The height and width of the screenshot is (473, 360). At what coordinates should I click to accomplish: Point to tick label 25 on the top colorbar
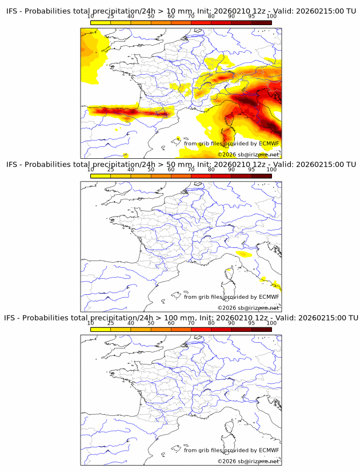pos(110,17)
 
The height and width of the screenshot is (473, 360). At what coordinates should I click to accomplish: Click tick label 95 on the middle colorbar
pos(251,170)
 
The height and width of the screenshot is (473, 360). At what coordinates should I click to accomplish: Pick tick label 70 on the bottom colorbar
pos(191,323)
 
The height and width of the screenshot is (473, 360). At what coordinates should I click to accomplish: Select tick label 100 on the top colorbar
pos(271,17)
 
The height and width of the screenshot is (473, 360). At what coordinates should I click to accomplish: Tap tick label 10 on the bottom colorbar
pos(90,323)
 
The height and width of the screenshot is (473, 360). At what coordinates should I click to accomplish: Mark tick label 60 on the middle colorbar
pos(171,170)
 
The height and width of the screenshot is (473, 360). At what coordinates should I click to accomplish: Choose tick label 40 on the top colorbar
pos(131,17)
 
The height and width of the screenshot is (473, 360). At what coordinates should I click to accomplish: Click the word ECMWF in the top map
pos(269,143)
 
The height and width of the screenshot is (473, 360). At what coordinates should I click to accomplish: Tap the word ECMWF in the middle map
pos(269,296)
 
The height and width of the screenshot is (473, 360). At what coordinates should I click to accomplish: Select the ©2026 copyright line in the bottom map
pos(249,460)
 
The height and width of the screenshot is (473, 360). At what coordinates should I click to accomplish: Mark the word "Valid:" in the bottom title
pos(285,318)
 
